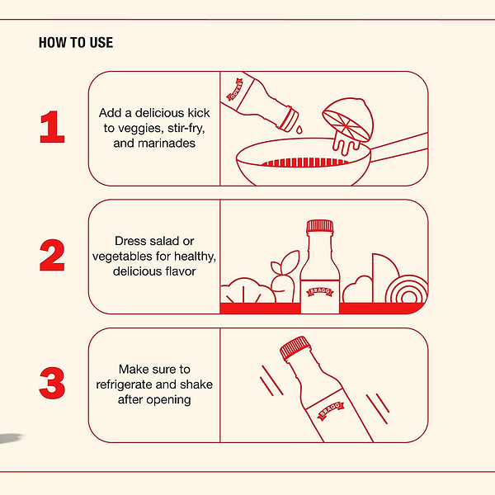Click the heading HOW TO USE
(76, 43)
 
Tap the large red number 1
(53, 127)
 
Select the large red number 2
(52, 255)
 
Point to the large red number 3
(52, 383)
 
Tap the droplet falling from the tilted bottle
(299, 130)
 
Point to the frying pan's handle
(399, 147)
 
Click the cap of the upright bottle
(320, 226)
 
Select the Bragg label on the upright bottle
(320, 291)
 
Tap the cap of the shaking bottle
(295, 348)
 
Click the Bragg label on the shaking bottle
(331, 410)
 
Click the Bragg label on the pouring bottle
(235, 89)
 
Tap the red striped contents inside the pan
(305, 163)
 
